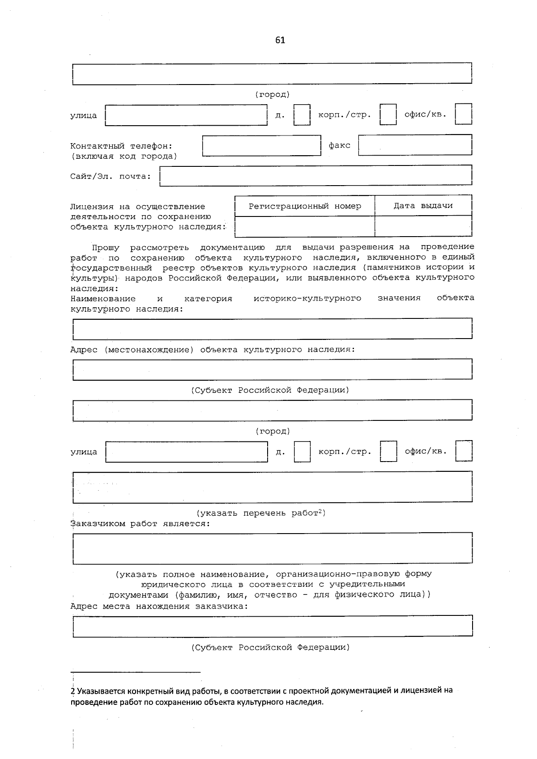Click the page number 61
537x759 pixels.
coord(280,40)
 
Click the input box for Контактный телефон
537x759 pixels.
coord(262,146)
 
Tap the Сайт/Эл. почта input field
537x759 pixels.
coord(316,176)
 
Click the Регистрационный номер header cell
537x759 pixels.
coord(305,206)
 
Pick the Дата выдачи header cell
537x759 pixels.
coord(423,206)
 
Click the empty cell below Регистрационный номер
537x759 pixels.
coord(305,226)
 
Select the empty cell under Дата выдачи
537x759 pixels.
coord(423,226)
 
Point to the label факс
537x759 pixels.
coord(339,145)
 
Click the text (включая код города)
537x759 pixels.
coord(124,157)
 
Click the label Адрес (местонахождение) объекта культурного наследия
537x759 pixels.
coord(213,350)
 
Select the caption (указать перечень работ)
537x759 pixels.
coord(261,513)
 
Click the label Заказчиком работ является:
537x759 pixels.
coord(140,524)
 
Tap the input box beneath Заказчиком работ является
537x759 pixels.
coord(272,548)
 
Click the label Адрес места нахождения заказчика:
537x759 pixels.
coord(159,606)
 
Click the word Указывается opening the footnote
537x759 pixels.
coord(98,691)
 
